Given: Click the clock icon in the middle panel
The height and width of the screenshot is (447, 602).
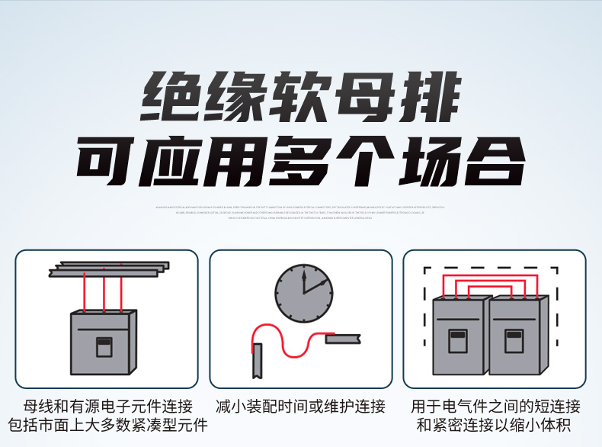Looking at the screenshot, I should click(304, 293).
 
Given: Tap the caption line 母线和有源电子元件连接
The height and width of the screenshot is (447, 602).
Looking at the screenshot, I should click(107, 406).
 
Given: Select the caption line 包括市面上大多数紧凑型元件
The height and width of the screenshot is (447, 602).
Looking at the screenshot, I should click(107, 426).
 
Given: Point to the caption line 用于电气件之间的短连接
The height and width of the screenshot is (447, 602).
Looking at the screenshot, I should click(495, 406).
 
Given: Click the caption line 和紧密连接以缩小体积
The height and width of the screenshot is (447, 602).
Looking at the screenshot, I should click(495, 426).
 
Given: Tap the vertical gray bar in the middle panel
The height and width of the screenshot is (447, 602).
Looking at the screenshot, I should click(258, 360).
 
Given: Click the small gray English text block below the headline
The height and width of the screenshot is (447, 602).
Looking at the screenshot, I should click(300, 212).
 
